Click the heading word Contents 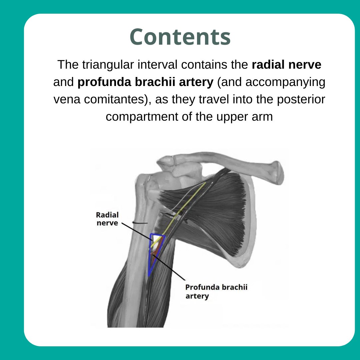(x=180, y=37)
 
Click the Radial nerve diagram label (x=107, y=219)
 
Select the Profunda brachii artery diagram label (x=216, y=291)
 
